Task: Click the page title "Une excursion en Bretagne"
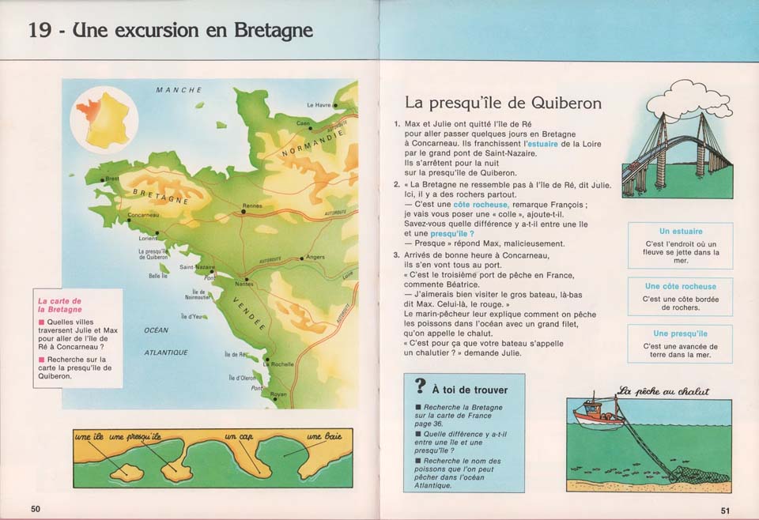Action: click(x=171, y=31)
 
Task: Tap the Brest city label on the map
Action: click(x=112, y=179)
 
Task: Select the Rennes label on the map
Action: click(x=252, y=205)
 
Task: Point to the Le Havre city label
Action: click(x=319, y=105)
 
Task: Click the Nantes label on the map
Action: click(x=245, y=284)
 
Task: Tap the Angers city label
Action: click(x=315, y=257)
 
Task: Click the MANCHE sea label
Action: click(x=179, y=90)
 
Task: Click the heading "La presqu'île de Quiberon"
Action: click(x=503, y=103)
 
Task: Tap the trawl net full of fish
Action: click(x=696, y=475)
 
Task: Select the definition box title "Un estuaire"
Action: click(x=680, y=232)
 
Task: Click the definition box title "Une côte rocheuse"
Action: click(x=680, y=286)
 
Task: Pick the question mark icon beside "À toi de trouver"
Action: click(x=420, y=386)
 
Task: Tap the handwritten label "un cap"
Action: click(x=238, y=437)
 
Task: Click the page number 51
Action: click(x=725, y=509)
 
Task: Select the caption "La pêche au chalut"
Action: click(x=663, y=390)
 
